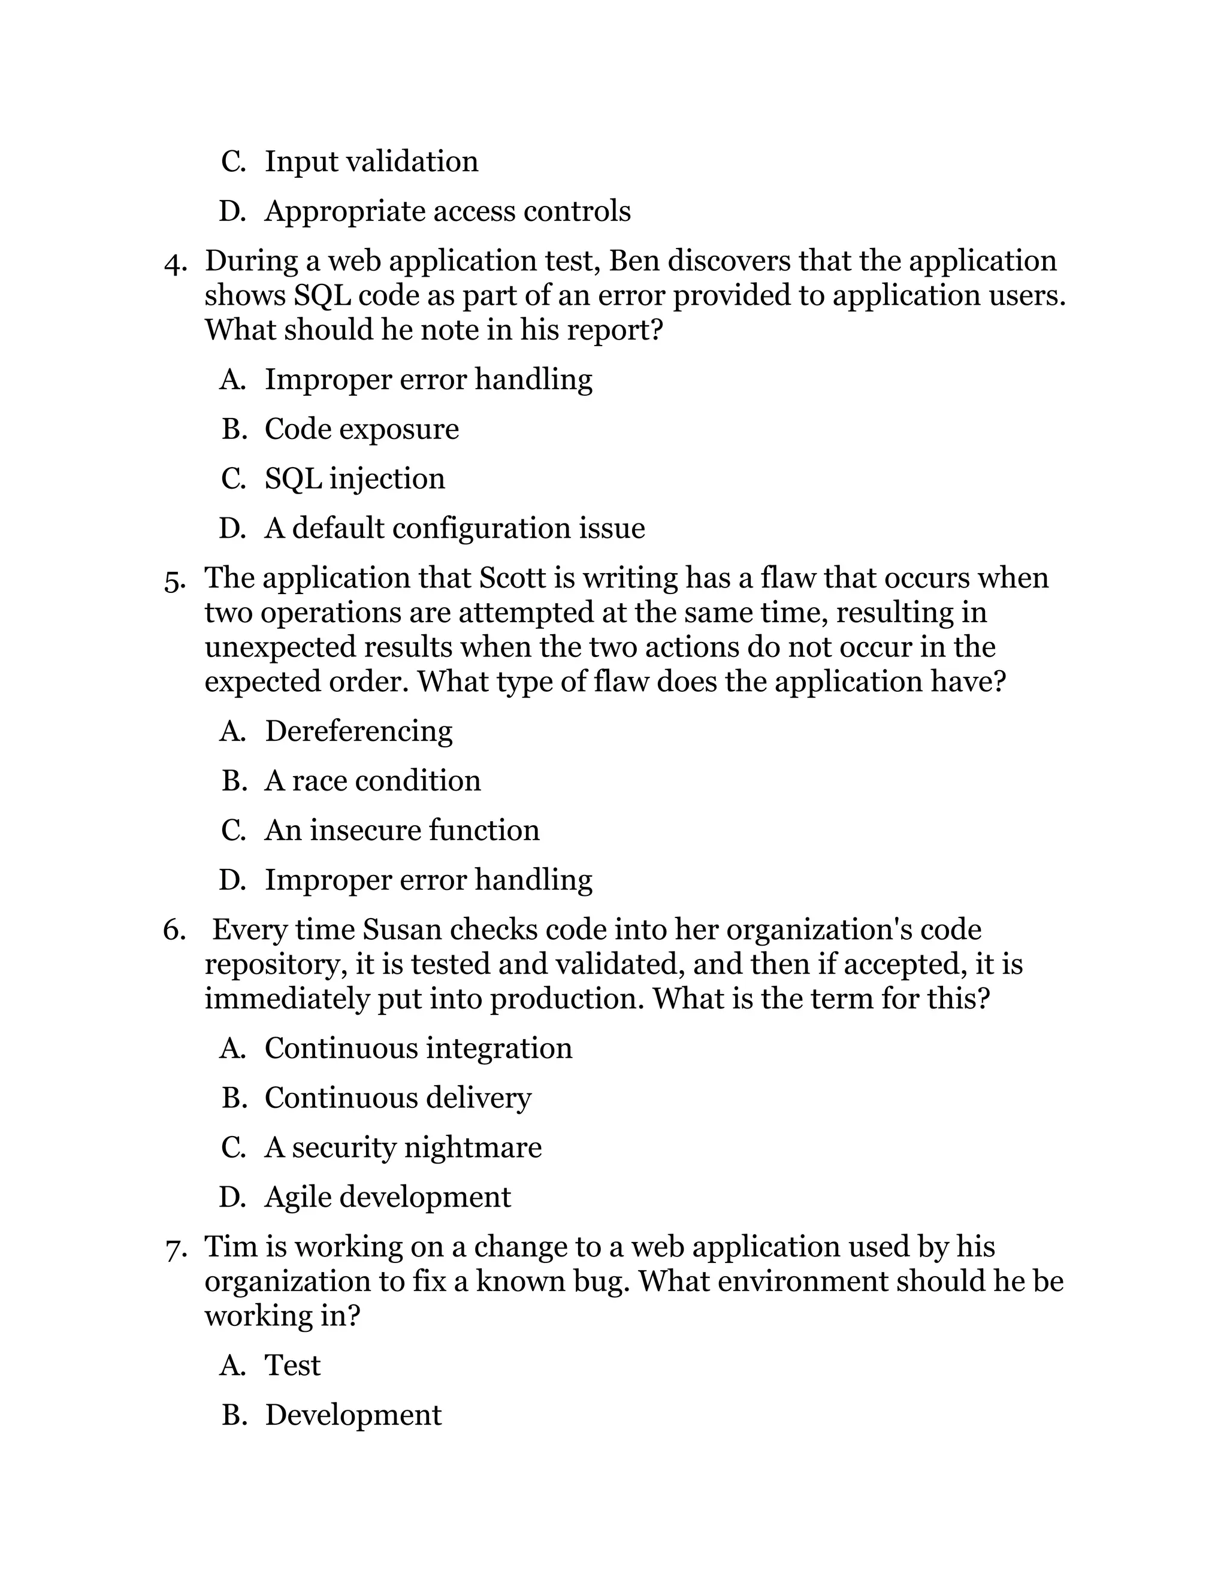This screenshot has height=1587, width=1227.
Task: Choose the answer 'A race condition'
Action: [372, 781]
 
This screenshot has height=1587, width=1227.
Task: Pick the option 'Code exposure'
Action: [361, 429]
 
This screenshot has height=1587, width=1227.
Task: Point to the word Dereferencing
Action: [358, 731]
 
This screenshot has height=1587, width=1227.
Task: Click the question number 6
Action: [175, 930]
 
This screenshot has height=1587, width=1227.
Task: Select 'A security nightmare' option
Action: [403, 1147]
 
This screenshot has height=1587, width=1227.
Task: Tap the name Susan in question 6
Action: [401, 930]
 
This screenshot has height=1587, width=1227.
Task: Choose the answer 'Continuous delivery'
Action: [398, 1098]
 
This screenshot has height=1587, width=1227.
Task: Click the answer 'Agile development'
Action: [388, 1197]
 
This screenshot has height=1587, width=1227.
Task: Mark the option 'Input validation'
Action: [371, 161]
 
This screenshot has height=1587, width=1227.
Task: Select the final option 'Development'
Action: [353, 1415]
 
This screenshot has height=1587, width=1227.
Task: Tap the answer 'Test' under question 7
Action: [292, 1365]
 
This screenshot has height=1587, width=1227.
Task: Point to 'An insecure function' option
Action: [402, 831]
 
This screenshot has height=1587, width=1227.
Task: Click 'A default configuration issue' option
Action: [454, 528]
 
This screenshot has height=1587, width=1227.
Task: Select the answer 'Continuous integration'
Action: [418, 1049]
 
